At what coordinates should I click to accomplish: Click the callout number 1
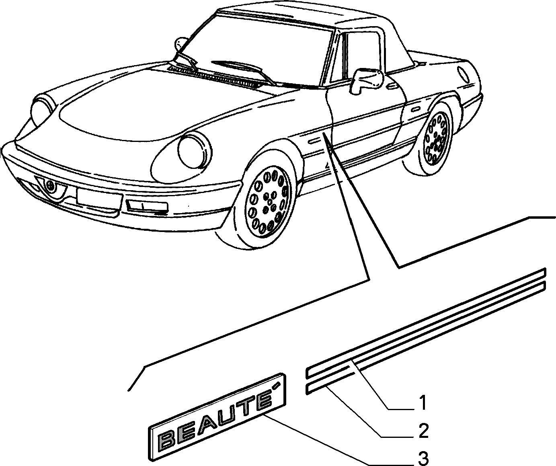click(422, 403)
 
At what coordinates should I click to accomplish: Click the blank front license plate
click(99, 198)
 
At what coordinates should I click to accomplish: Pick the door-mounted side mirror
click(367, 80)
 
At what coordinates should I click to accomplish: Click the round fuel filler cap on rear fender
click(463, 73)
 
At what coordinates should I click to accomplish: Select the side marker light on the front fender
click(314, 141)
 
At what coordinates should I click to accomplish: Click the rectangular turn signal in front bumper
click(147, 205)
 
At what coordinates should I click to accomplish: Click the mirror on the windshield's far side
click(179, 44)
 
